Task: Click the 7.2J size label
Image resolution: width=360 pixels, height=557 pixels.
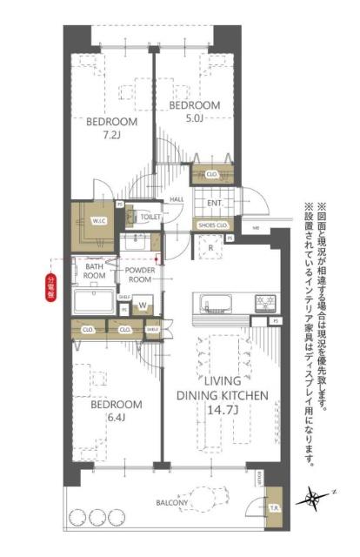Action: (x=111, y=136)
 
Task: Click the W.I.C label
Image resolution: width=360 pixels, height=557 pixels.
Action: (x=97, y=221)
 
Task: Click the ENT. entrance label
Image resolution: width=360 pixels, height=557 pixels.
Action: (x=215, y=203)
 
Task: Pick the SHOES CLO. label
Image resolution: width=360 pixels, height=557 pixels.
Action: (x=212, y=225)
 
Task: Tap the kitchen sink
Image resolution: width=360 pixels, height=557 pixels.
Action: (x=214, y=305)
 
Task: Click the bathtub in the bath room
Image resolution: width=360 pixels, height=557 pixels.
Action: (x=96, y=303)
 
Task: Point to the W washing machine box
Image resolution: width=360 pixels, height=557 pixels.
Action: (x=142, y=305)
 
